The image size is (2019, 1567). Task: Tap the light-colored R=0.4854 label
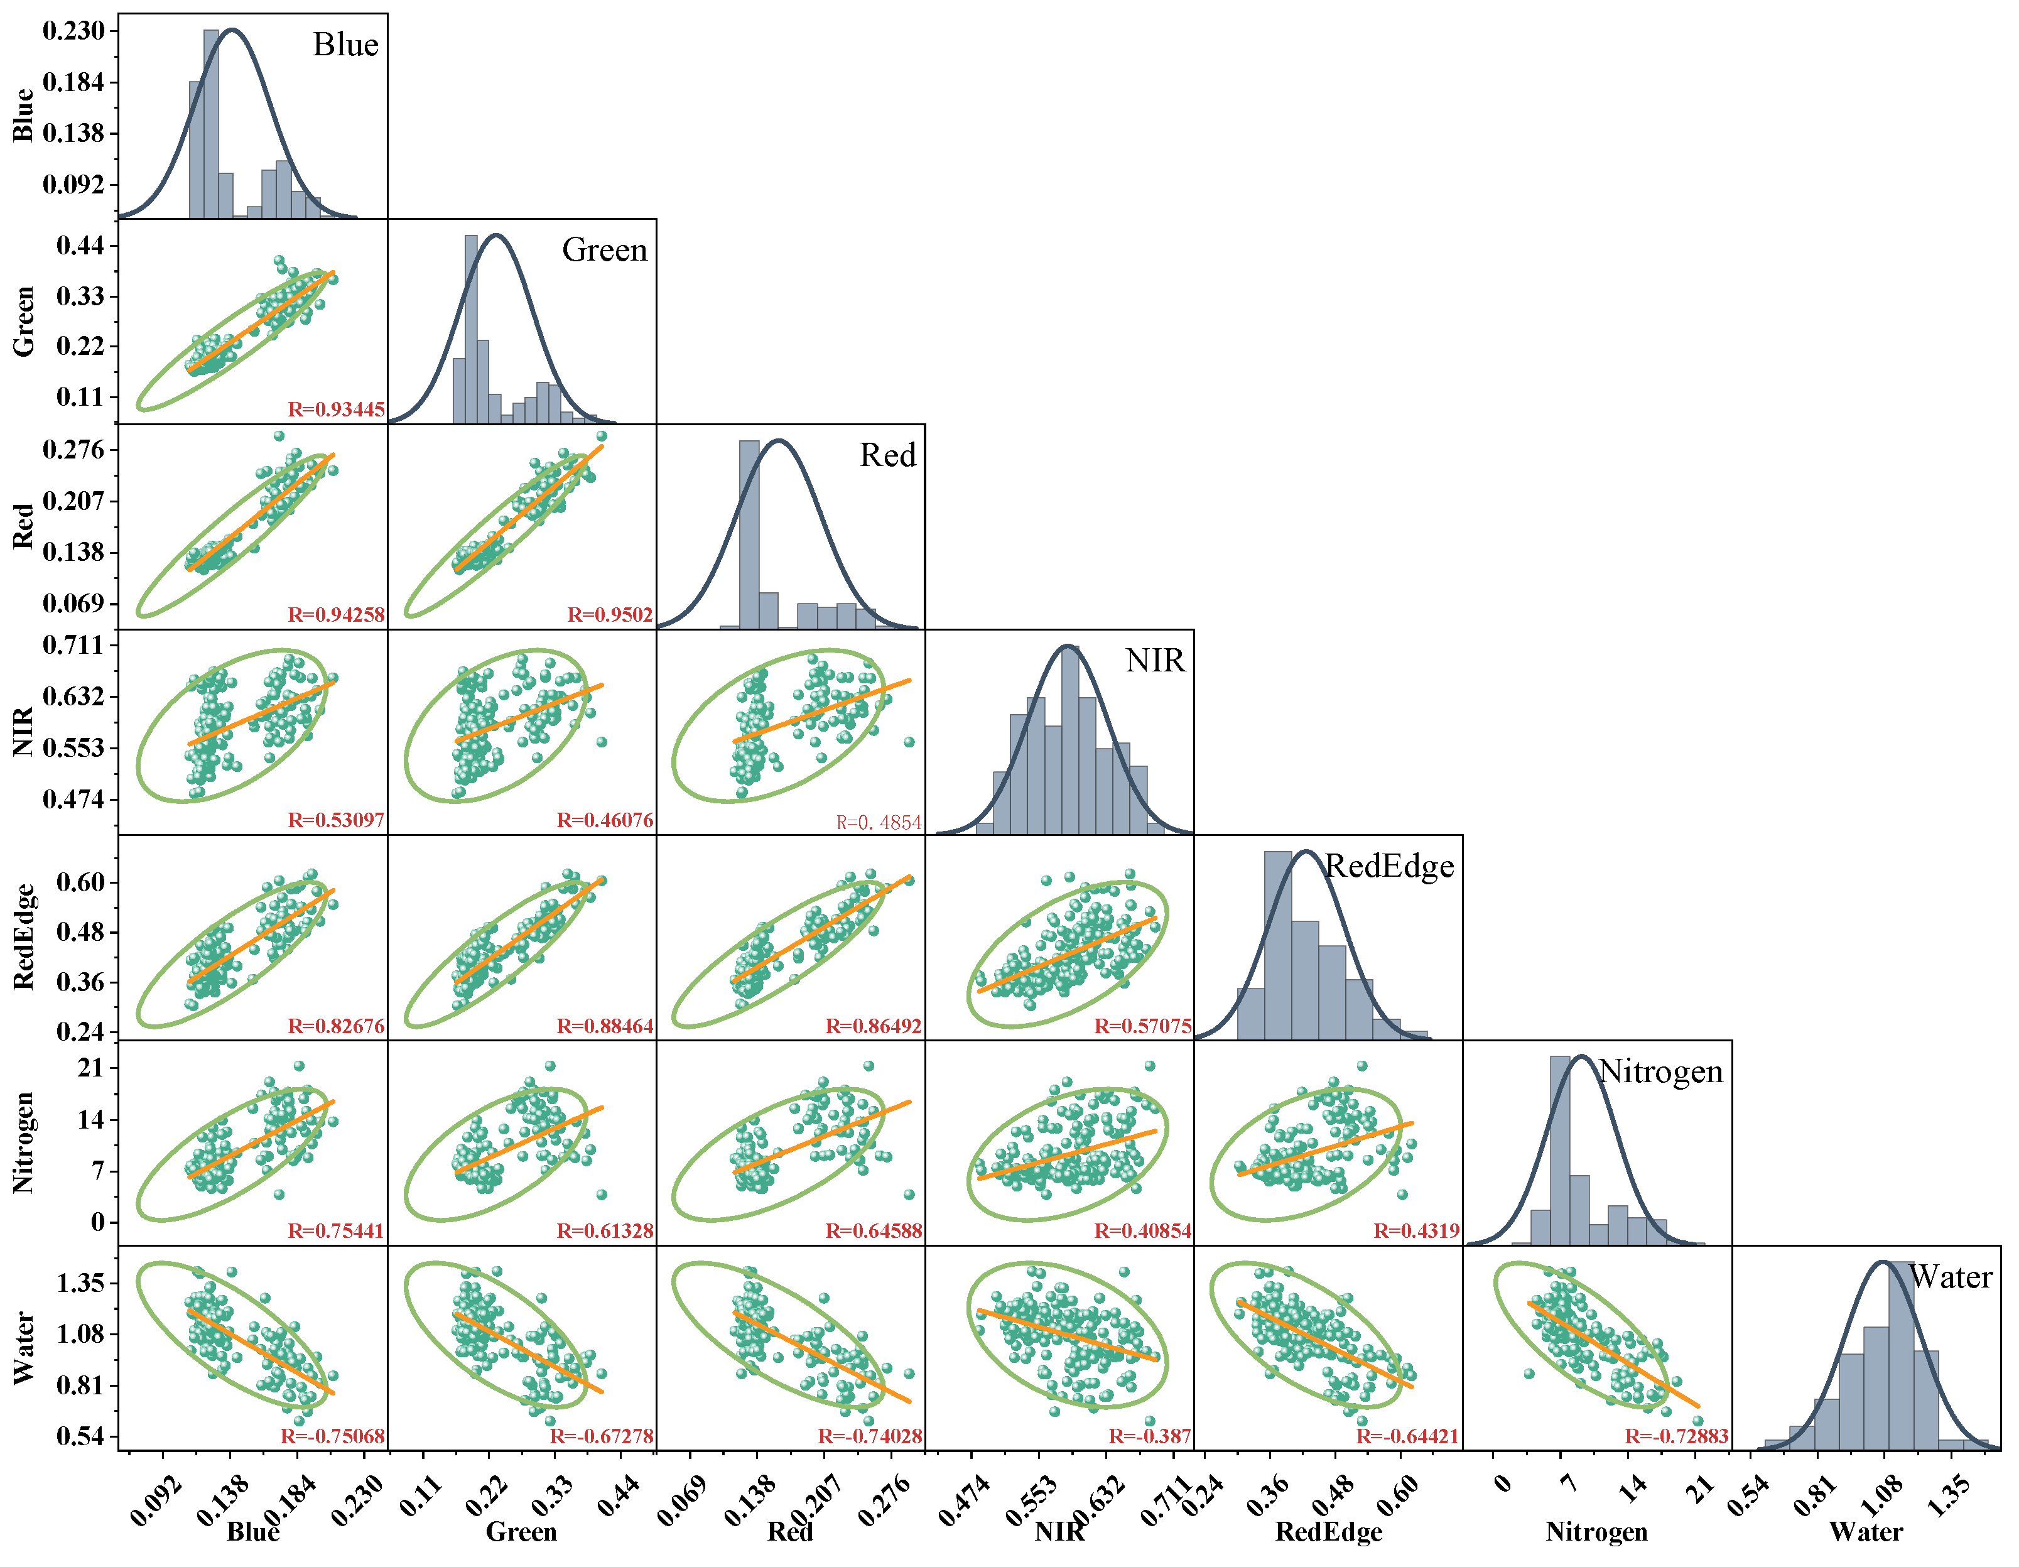click(x=878, y=822)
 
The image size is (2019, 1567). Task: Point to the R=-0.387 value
click(x=1150, y=1436)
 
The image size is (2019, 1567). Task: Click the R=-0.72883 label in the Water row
click(x=1677, y=1436)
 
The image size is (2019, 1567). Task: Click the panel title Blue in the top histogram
click(x=346, y=45)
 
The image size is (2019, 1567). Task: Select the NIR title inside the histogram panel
click(x=1155, y=660)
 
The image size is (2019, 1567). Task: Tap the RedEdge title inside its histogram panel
click(x=1390, y=865)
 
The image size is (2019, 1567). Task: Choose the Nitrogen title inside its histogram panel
click(x=1661, y=1071)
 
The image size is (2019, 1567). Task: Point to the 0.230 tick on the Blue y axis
click(x=74, y=31)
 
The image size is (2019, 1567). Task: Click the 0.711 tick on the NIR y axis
click(x=74, y=644)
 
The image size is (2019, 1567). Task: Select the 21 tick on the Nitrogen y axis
click(x=90, y=1068)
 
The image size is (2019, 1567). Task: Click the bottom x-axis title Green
click(x=521, y=1532)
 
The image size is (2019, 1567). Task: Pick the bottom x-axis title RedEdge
click(x=1328, y=1532)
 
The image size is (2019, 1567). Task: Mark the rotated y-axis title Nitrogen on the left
click(x=24, y=1142)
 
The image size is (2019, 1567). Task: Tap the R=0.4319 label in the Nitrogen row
click(x=1416, y=1230)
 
